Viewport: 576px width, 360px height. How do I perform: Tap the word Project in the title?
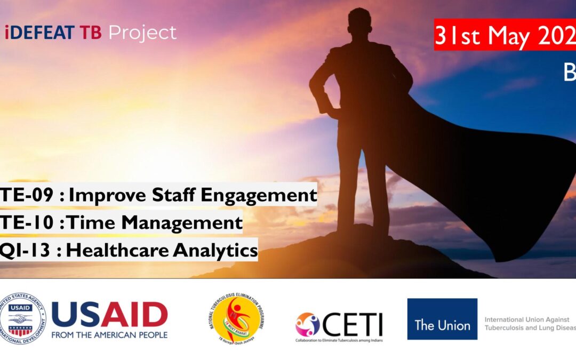point(142,33)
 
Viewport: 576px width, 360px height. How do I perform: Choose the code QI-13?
point(26,250)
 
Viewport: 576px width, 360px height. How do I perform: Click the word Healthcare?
point(124,250)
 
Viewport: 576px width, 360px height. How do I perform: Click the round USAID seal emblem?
point(22,319)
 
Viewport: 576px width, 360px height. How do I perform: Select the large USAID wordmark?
point(109,315)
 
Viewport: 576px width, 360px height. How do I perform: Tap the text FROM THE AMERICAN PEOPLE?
point(109,335)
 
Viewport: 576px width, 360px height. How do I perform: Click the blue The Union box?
point(442,319)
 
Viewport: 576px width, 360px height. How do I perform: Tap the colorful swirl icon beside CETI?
point(308,324)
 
